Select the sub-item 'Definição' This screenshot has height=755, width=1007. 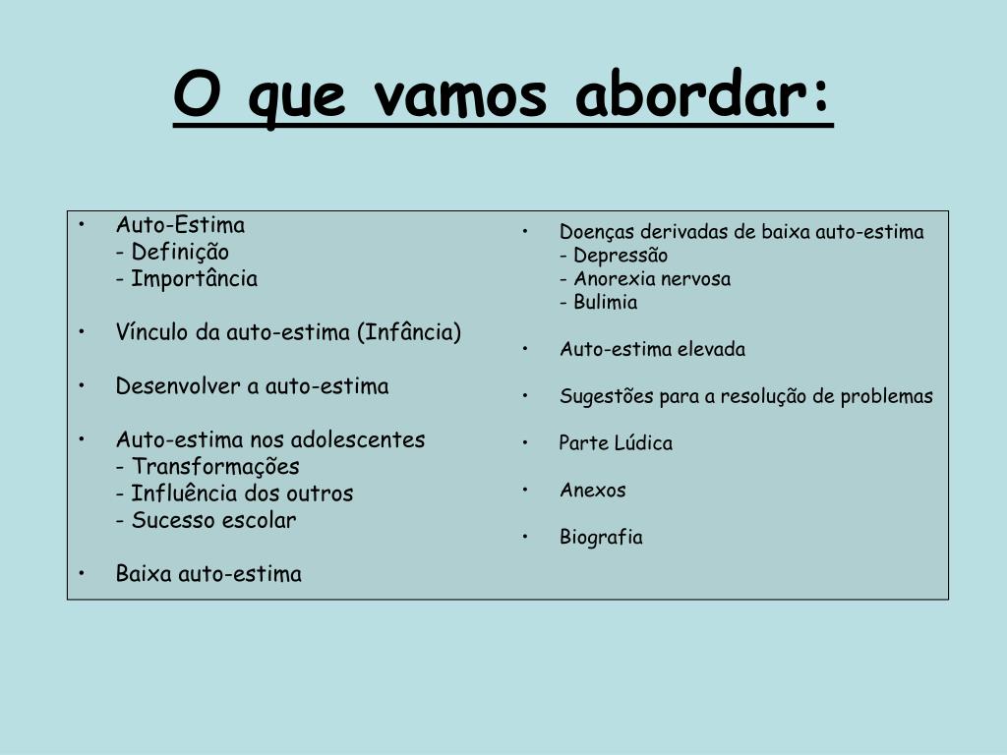[180, 253]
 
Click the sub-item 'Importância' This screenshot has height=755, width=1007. [194, 278]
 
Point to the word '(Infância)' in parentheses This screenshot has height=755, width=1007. [409, 332]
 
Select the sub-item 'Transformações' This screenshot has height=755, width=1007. [215, 467]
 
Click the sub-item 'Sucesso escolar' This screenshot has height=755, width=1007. [213, 520]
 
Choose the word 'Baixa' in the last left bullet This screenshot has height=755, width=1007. [144, 573]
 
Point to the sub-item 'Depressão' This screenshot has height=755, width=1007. [621, 256]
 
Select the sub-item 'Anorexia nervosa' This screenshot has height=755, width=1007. [652, 278]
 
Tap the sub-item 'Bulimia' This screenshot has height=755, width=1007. [605, 302]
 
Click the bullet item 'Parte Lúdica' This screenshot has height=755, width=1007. [616, 442]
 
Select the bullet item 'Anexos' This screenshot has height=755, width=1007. [592, 490]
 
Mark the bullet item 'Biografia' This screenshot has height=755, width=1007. [601, 537]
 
